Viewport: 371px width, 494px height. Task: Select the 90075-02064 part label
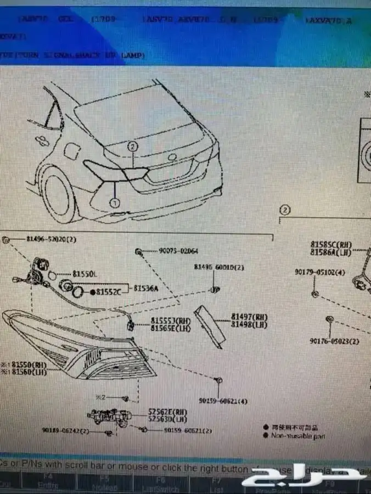(x=178, y=251)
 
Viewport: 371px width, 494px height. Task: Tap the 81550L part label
(x=85, y=273)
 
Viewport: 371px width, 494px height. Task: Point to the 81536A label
(x=145, y=288)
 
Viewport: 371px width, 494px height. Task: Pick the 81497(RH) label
(x=249, y=317)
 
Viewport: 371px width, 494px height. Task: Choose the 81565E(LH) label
(x=170, y=328)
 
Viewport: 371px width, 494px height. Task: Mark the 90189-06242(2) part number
(x=65, y=431)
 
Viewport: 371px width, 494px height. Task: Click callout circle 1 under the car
(x=114, y=203)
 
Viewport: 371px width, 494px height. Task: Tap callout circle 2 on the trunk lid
(x=132, y=147)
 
